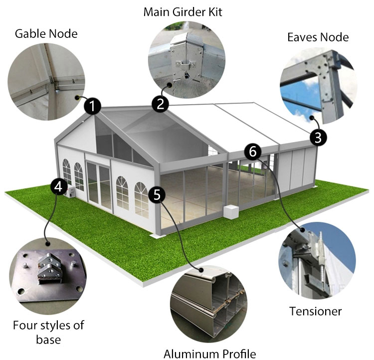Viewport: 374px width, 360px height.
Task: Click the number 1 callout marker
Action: (x=93, y=106)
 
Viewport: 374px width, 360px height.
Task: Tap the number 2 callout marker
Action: (x=161, y=104)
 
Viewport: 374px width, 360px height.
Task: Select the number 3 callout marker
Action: (x=318, y=138)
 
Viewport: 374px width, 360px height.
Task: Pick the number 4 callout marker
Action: (x=59, y=186)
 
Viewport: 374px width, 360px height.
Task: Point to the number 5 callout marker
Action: (x=157, y=195)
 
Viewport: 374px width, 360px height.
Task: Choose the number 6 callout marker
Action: (x=253, y=152)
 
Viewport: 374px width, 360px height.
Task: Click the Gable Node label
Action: (x=46, y=33)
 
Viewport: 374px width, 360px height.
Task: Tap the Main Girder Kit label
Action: (x=183, y=12)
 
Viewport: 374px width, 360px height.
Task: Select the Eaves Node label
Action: (x=318, y=37)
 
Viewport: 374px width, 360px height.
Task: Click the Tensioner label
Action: (x=315, y=311)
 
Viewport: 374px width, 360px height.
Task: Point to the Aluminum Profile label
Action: (x=209, y=354)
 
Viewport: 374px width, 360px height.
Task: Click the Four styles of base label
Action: (x=48, y=332)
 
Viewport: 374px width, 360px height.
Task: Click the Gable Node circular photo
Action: (x=46, y=82)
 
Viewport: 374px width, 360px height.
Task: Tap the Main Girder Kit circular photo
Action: (x=187, y=60)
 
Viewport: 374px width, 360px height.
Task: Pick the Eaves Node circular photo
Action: (x=319, y=86)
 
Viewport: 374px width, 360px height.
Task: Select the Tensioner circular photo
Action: (x=317, y=260)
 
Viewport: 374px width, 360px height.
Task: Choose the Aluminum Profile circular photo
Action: (x=209, y=304)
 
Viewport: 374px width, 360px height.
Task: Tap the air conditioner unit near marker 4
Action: (x=70, y=192)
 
